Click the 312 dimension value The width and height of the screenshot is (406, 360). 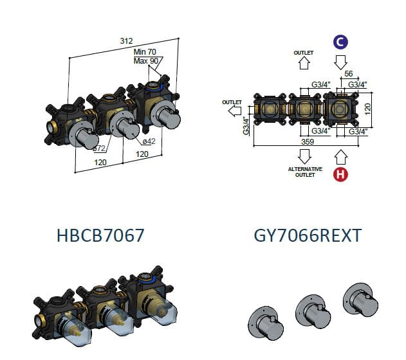coord(126,41)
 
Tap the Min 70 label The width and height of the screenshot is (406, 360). coord(145,52)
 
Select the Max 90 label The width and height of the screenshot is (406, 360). coord(146,61)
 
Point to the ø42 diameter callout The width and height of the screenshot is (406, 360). coord(149,141)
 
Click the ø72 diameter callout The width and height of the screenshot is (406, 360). coord(99,148)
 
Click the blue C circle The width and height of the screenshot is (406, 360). coord(340,42)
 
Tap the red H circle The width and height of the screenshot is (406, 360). coord(340,174)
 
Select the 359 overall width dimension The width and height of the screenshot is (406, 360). coord(308,141)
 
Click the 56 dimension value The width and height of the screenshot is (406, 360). coord(349,74)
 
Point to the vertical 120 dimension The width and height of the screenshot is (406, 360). coord(367,109)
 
